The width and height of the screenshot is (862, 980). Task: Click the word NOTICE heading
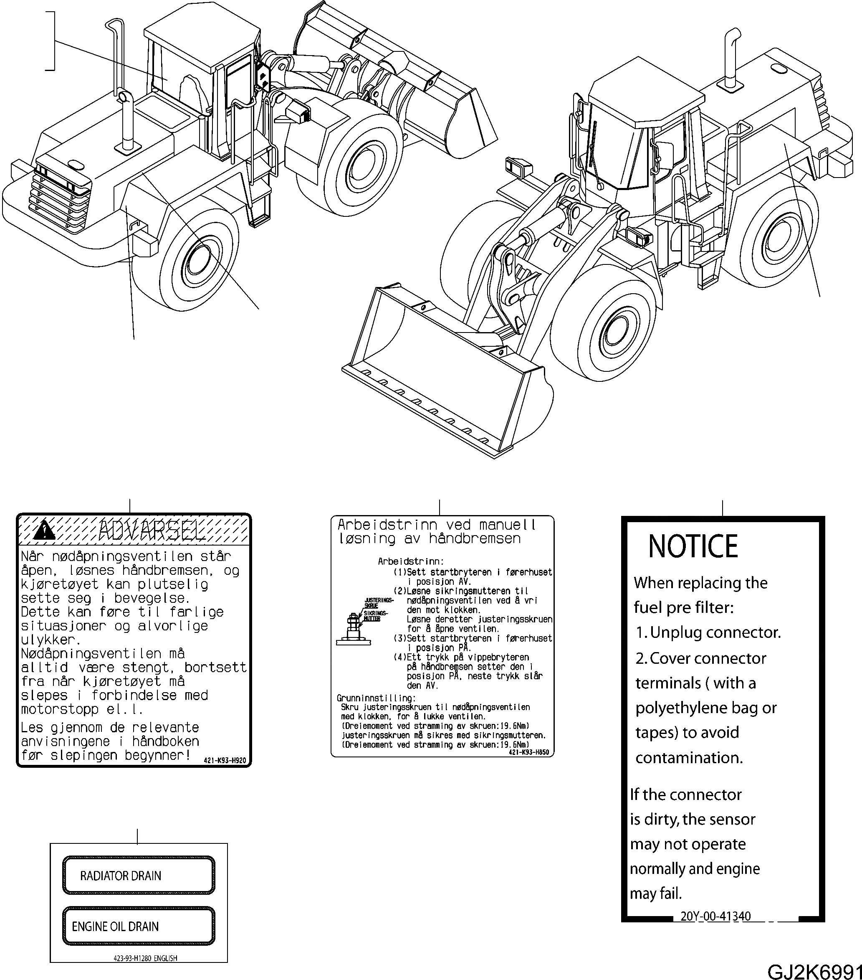(x=693, y=546)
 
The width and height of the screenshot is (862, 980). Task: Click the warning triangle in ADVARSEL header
(x=45, y=530)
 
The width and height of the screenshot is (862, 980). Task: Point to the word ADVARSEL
(x=151, y=530)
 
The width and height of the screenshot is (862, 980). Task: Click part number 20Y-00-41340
(x=715, y=916)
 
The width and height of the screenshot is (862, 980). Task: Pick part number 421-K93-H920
(x=224, y=760)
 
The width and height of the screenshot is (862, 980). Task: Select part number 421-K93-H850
(x=528, y=753)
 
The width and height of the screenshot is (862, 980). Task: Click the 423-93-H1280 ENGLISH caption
(x=145, y=958)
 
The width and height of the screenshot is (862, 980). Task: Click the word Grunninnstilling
(x=376, y=698)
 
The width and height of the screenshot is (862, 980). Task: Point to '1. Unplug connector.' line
(x=708, y=632)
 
